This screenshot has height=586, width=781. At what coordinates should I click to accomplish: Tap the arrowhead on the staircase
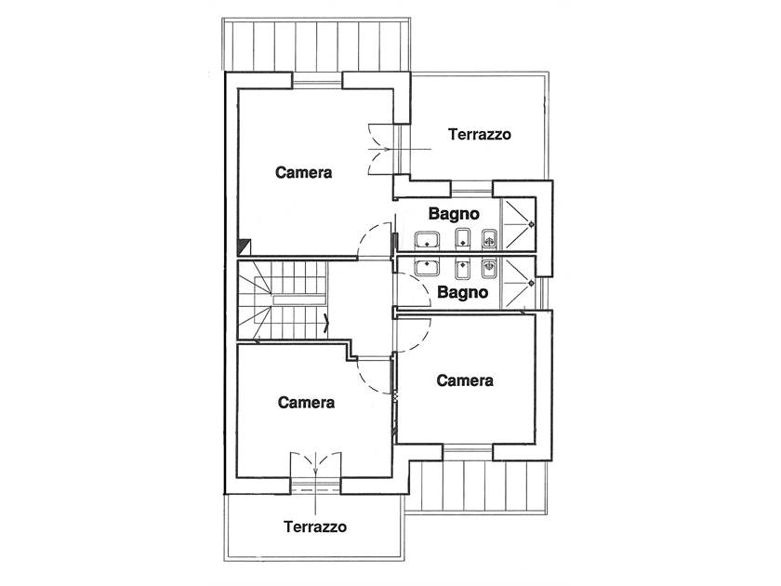pyautogui.click(x=326, y=323)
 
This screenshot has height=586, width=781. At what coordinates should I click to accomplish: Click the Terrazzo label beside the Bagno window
pyautogui.click(x=479, y=135)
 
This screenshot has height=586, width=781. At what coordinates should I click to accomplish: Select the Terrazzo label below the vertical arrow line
pyautogui.click(x=315, y=526)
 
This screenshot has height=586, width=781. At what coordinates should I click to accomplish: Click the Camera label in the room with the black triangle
pyautogui.click(x=303, y=172)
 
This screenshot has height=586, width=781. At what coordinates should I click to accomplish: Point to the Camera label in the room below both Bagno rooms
pyautogui.click(x=465, y=380)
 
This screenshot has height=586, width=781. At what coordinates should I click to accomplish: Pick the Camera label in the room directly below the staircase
pyautogui.click(x=306, y=402)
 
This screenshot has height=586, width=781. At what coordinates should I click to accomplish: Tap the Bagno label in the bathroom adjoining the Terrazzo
pyautogui.click(x=454, y=214)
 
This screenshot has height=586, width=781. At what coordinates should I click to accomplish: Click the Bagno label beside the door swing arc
pyautogui.click(x=462, y=292)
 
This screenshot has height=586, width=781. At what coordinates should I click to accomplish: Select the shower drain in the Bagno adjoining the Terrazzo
pyautogui.click(x=531, y=224)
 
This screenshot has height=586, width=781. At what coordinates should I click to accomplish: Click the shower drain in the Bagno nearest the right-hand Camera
pyautogui.click(x=531, y=283)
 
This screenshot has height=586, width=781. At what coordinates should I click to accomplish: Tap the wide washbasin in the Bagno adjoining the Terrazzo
pyautogui.click(x=427, y=240)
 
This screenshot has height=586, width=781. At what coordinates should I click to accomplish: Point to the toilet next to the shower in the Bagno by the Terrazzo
pyautogui.click(x=489, y=240)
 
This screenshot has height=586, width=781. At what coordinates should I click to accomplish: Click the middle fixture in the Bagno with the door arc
pyautogui.click(x=462, y=269)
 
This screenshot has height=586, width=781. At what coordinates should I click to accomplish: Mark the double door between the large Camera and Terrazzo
pyautogui.click(x=383, y=149)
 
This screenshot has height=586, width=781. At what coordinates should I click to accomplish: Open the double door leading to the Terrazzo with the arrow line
pyautogui.click(x=315, y=465)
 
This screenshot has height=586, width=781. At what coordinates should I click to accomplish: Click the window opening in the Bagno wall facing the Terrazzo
pyautogui.click(x=471, y=189)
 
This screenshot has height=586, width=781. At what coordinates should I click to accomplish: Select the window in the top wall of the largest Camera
pyautogui.click(x=317, y=80)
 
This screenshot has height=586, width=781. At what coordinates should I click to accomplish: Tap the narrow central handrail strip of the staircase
pyautogui.click(x=298, y=300)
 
